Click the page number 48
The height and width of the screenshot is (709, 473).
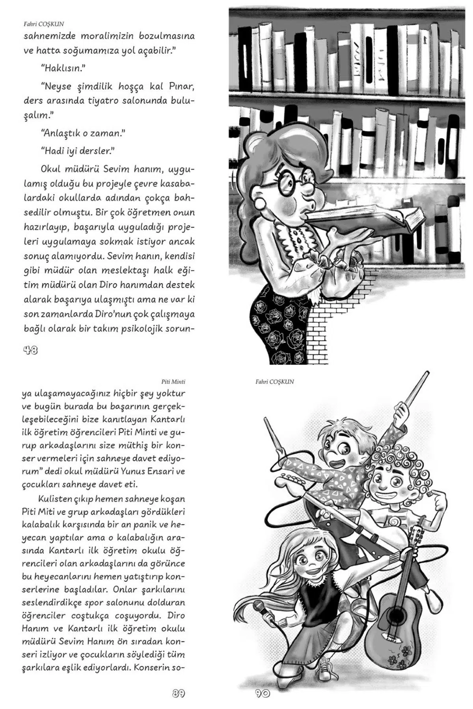tap(30, 350)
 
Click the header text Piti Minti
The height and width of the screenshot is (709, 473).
tap(173, 381)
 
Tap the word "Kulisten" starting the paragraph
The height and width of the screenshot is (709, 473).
tap(54, 499)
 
